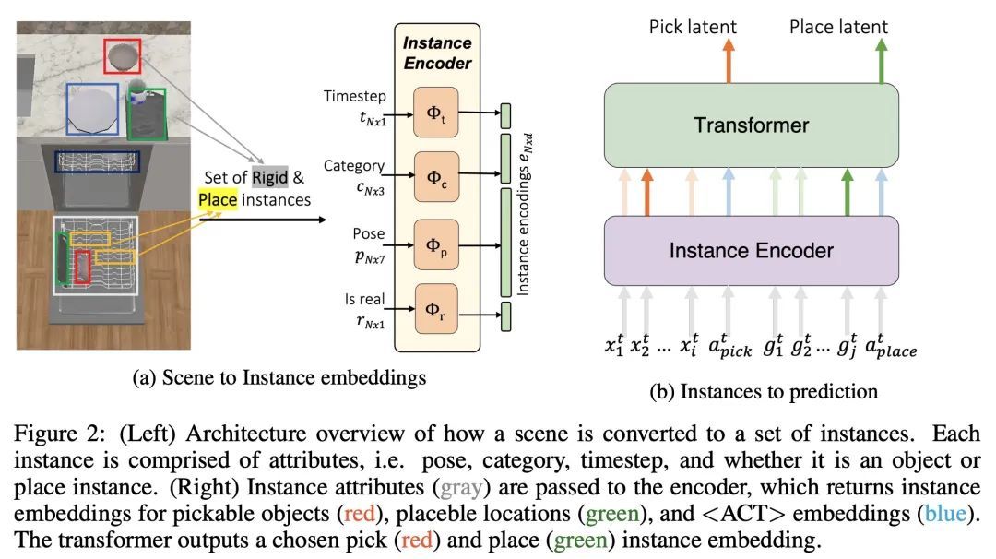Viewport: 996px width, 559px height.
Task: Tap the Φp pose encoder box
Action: click(436, 245)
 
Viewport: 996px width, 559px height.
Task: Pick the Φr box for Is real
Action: click(436, 314)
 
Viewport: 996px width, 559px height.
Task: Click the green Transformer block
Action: click(751, 125)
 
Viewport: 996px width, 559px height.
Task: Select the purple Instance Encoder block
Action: click(751, 250)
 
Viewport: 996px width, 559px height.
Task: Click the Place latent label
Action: click(838, 26)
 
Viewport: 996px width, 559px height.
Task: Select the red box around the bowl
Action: click(122, 56)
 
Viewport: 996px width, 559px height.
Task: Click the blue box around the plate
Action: click(92, 109)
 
